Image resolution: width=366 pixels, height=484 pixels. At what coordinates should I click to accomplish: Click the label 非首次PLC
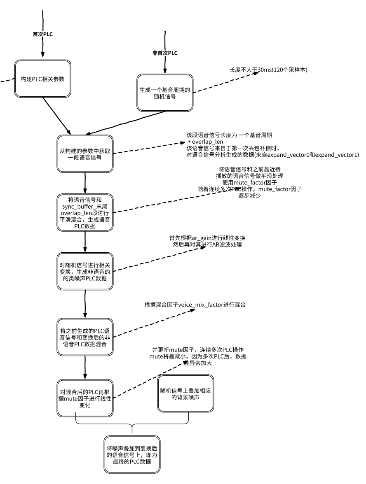point(165,53)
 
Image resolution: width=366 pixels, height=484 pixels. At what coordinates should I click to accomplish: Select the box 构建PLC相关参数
point(42,79)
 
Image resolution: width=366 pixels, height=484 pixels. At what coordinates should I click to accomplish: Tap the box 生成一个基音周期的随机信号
point(164,93)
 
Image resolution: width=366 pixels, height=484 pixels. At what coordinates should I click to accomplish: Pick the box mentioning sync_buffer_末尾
point(84,212)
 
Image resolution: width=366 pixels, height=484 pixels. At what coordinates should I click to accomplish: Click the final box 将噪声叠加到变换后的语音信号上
point(131,454)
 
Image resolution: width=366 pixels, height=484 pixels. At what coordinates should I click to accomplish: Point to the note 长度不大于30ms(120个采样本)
point(268,70)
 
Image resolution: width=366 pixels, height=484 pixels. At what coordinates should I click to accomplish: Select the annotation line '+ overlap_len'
point(205,142)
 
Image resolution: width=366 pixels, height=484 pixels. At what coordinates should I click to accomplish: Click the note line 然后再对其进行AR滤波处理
point(207,244)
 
